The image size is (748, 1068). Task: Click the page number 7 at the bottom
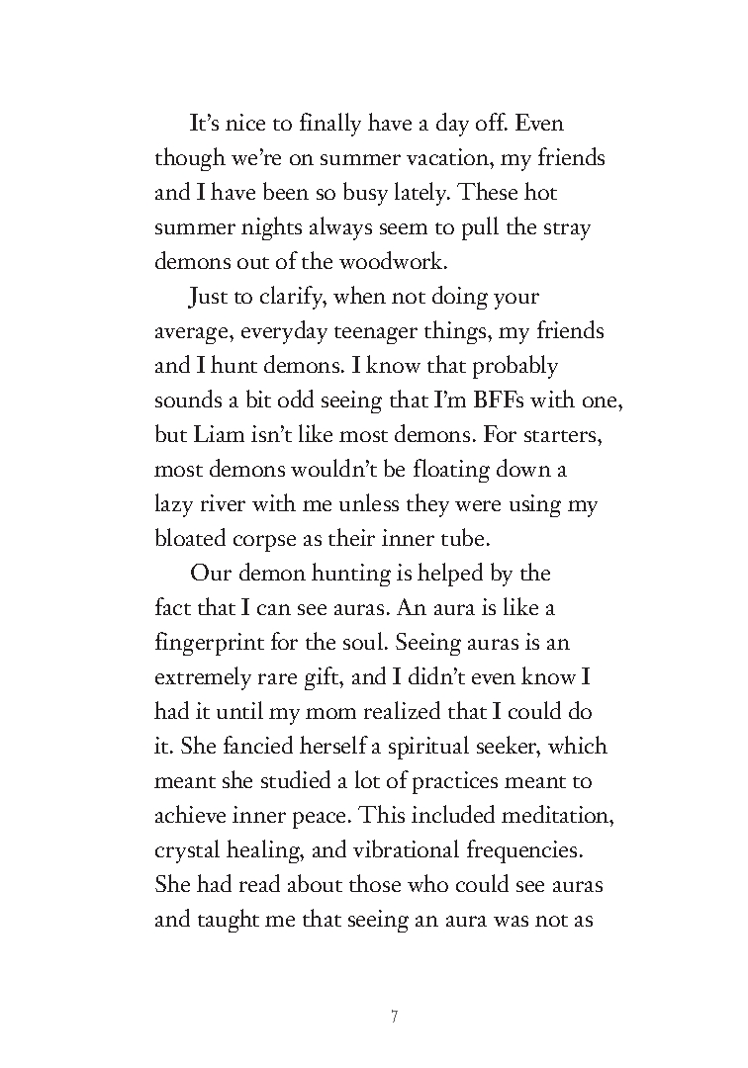[x=394, y=1017]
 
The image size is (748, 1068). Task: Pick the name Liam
[x=214, y=435]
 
